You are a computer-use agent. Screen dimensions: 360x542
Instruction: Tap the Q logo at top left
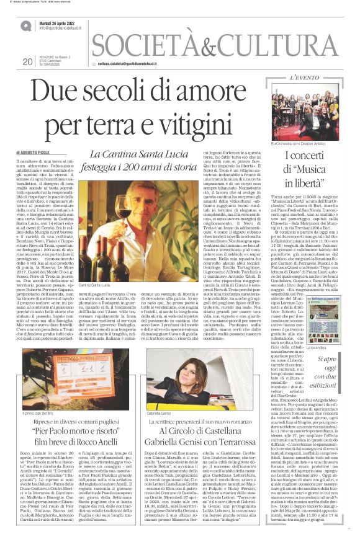click(x=25, y=27)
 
